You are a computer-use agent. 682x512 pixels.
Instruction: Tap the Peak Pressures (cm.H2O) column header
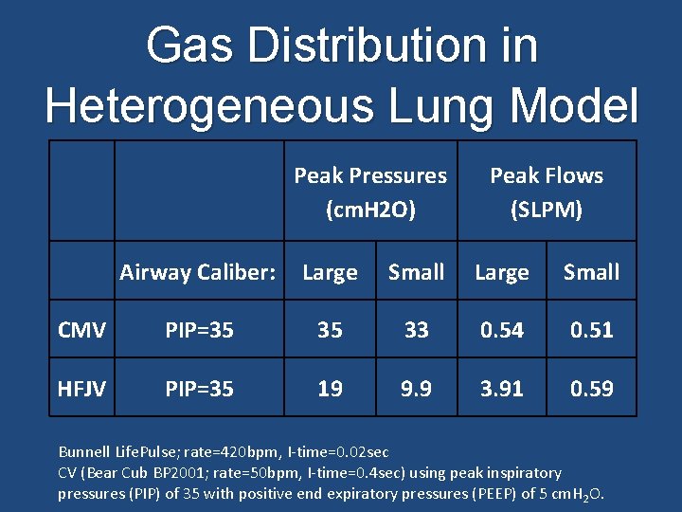click(370, 192)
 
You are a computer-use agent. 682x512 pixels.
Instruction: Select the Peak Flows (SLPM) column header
click(546, 192)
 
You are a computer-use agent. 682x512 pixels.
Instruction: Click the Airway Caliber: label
click(198, 272)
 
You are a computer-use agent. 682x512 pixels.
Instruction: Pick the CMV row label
click(81, 330)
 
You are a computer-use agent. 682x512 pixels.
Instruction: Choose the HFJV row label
click(81, 388)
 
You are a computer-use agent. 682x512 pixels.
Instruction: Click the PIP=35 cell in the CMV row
click(199, 330)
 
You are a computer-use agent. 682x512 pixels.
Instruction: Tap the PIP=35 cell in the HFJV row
click(199, 388)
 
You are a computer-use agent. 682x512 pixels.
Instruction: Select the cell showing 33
click(416, 330)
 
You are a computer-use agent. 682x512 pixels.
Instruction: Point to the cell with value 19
click(330, 388)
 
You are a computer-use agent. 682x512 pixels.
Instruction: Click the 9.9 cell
click(416, 388)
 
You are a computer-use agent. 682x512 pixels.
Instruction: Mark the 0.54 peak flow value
click(502, 330)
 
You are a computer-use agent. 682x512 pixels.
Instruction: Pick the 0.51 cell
click(591, 330)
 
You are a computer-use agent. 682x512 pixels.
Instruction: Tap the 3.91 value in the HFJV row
click(502, 388)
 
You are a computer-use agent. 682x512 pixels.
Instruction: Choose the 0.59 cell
click(591, 388)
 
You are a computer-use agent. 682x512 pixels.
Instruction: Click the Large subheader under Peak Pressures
click(330, 272)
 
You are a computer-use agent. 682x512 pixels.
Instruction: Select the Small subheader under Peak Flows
click(591, 272)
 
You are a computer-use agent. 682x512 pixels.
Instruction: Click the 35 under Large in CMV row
click(330, 330)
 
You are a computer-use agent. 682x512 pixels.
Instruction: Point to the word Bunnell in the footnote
click(83, 451)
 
